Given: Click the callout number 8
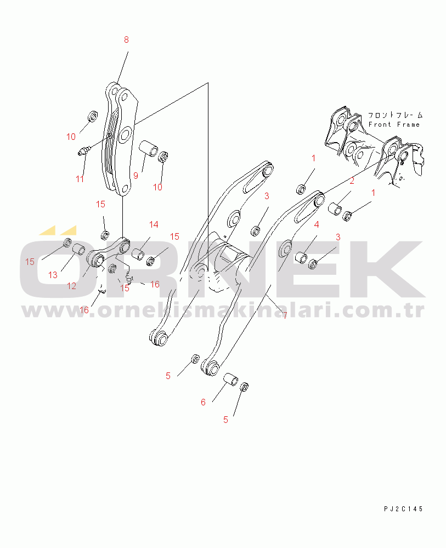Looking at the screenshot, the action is point(126,40).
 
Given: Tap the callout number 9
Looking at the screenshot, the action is point(136,176).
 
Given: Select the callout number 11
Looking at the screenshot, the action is point(80,179).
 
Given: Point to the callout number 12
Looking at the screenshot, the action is point(71,286).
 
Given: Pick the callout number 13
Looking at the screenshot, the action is point(53,275).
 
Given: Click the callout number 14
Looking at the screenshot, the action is point(154,224).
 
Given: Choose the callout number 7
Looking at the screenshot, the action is point(285,315).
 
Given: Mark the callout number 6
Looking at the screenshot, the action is point(203,402).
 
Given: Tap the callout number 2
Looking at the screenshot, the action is point(352,180).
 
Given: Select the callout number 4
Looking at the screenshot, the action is point(317,224).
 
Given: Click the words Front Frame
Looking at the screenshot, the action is point(394,125).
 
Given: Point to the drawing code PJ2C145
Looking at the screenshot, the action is point(403,509).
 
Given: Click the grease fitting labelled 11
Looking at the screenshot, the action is point(84,151).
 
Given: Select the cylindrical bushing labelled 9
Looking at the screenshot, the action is point(149,148).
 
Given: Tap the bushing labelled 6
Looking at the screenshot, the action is point(230,379).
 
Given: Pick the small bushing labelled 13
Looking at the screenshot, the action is point(78,250).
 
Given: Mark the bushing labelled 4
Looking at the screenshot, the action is point(301,258).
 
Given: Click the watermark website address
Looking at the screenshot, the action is point(224,310).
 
